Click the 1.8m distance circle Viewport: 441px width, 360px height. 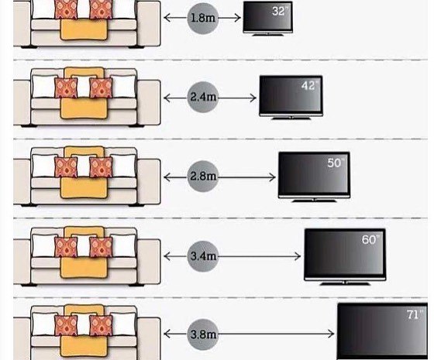[x=203, y=18]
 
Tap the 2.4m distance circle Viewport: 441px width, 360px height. [x=203, y=98]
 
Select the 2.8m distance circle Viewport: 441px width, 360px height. [x=203, y=177]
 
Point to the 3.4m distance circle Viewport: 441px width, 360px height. [x=203, y=256]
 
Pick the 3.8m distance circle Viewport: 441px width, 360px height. [x=203, y=334]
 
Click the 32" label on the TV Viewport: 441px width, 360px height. [x=280, y=12]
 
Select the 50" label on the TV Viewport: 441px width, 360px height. [x=336, y=163]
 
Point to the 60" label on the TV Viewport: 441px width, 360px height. [x=370, y=239]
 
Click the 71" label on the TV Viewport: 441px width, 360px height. [x=415, y=314]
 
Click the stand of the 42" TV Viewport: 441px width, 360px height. [x=291, y=118]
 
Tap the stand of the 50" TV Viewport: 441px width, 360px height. [x=314, y=200]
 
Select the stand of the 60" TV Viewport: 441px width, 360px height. [x=345, y=283]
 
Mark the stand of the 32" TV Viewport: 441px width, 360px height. [x=267, y=35]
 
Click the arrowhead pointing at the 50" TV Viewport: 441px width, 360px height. [x=273, y=177]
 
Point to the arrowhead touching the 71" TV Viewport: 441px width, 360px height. [x=331, y=334]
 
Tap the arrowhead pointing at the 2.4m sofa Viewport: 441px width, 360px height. [x=167, y=98]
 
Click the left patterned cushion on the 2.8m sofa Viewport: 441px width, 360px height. [x=66, y=167]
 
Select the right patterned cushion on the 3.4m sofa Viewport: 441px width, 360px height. [x=101, y=247]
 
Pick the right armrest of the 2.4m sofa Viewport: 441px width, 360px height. [x=149, y=102]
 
